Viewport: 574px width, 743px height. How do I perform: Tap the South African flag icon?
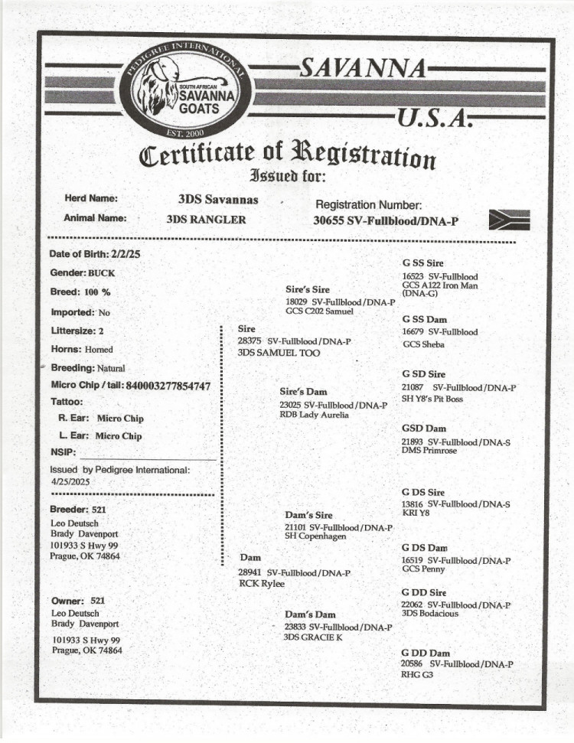[x=509, y=220]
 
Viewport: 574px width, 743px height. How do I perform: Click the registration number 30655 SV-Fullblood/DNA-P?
[x=386, y=220]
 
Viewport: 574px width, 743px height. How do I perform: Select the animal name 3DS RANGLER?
[x=207, y=220]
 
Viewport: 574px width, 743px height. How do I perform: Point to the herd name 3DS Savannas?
[x=218, y=200]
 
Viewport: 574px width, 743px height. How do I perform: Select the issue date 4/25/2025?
[x=71, y=483]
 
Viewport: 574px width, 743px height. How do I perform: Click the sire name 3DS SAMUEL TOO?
[x=279, y=353]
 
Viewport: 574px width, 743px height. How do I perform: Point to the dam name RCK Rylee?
[x=262, y=584]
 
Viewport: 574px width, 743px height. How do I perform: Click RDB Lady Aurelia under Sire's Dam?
[x=315, y=415]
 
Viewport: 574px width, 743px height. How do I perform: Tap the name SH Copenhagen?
[x=315, y=536]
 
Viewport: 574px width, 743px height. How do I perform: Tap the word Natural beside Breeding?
[x=111, y=369]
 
